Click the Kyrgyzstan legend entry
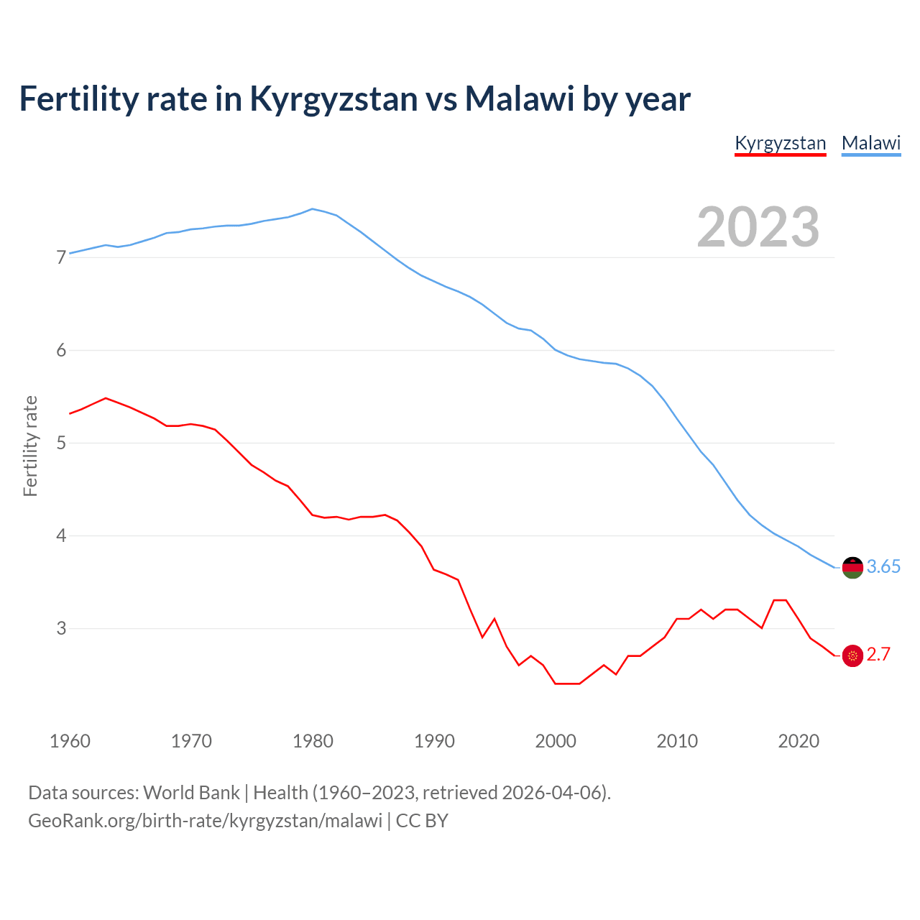pyautogui.click(x=780, y=143)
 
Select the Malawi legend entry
pyautogui.click(x=871, y=143)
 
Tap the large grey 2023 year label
pyautogui.click(x=758, y=227)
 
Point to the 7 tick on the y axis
pyautogui.click(x=61, y=257)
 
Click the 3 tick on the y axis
pyautogui.click(x=61, y=628)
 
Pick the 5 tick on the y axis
pyautogui.click(x=61, y=443)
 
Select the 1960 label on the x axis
pyautogui.click(x=70, y=741)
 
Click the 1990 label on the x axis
pyautogui.click(x=434, y=741)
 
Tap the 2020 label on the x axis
pyautogui.click(x=799, y=741)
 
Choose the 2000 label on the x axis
pyautogui.click(x=556, y=741)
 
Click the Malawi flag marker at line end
pyautogui.click(x=852, y=567)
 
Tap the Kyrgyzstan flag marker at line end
pyautogui.click(x=852, y=655)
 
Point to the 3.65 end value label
pyautogui.click(x=883, y=567)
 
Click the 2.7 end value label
pyautogui.click(x=878, y=655)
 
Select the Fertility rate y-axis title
pyautogui.click(x=30, y=446)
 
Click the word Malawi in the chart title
pyautogui.click(x=520, y=99)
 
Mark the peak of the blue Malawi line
pyautogui.click(x=312, y=209)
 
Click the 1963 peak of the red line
pyautogui.click(x=106, y=397)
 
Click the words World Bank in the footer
pyautogui.click(x=191, y=793)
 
